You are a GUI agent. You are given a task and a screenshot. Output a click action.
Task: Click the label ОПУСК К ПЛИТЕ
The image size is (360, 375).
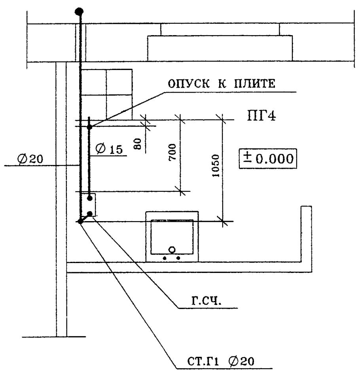click(x=221, y=84)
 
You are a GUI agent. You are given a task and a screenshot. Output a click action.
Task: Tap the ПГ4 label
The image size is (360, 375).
click(x=261, y=116)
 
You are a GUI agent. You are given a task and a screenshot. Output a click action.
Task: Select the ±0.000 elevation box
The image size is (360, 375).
click(x=268, y=159)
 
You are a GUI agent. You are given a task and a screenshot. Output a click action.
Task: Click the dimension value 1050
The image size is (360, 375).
click(x=216, y=166)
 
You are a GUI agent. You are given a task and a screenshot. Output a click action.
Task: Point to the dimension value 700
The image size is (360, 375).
click(x=172, y=152)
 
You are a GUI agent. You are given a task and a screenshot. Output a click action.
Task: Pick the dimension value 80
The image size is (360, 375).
click(x=138, y=144)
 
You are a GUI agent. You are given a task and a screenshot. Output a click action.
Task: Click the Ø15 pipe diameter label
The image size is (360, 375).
click(x=109, y=149)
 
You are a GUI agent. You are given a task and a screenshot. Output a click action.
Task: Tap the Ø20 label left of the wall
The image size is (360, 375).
click(x=30, y=159)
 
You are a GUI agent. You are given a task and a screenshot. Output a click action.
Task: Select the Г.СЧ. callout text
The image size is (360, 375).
click(x=207, y=301)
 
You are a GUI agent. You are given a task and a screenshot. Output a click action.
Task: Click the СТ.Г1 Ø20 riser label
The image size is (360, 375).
click(x=220, y=361)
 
